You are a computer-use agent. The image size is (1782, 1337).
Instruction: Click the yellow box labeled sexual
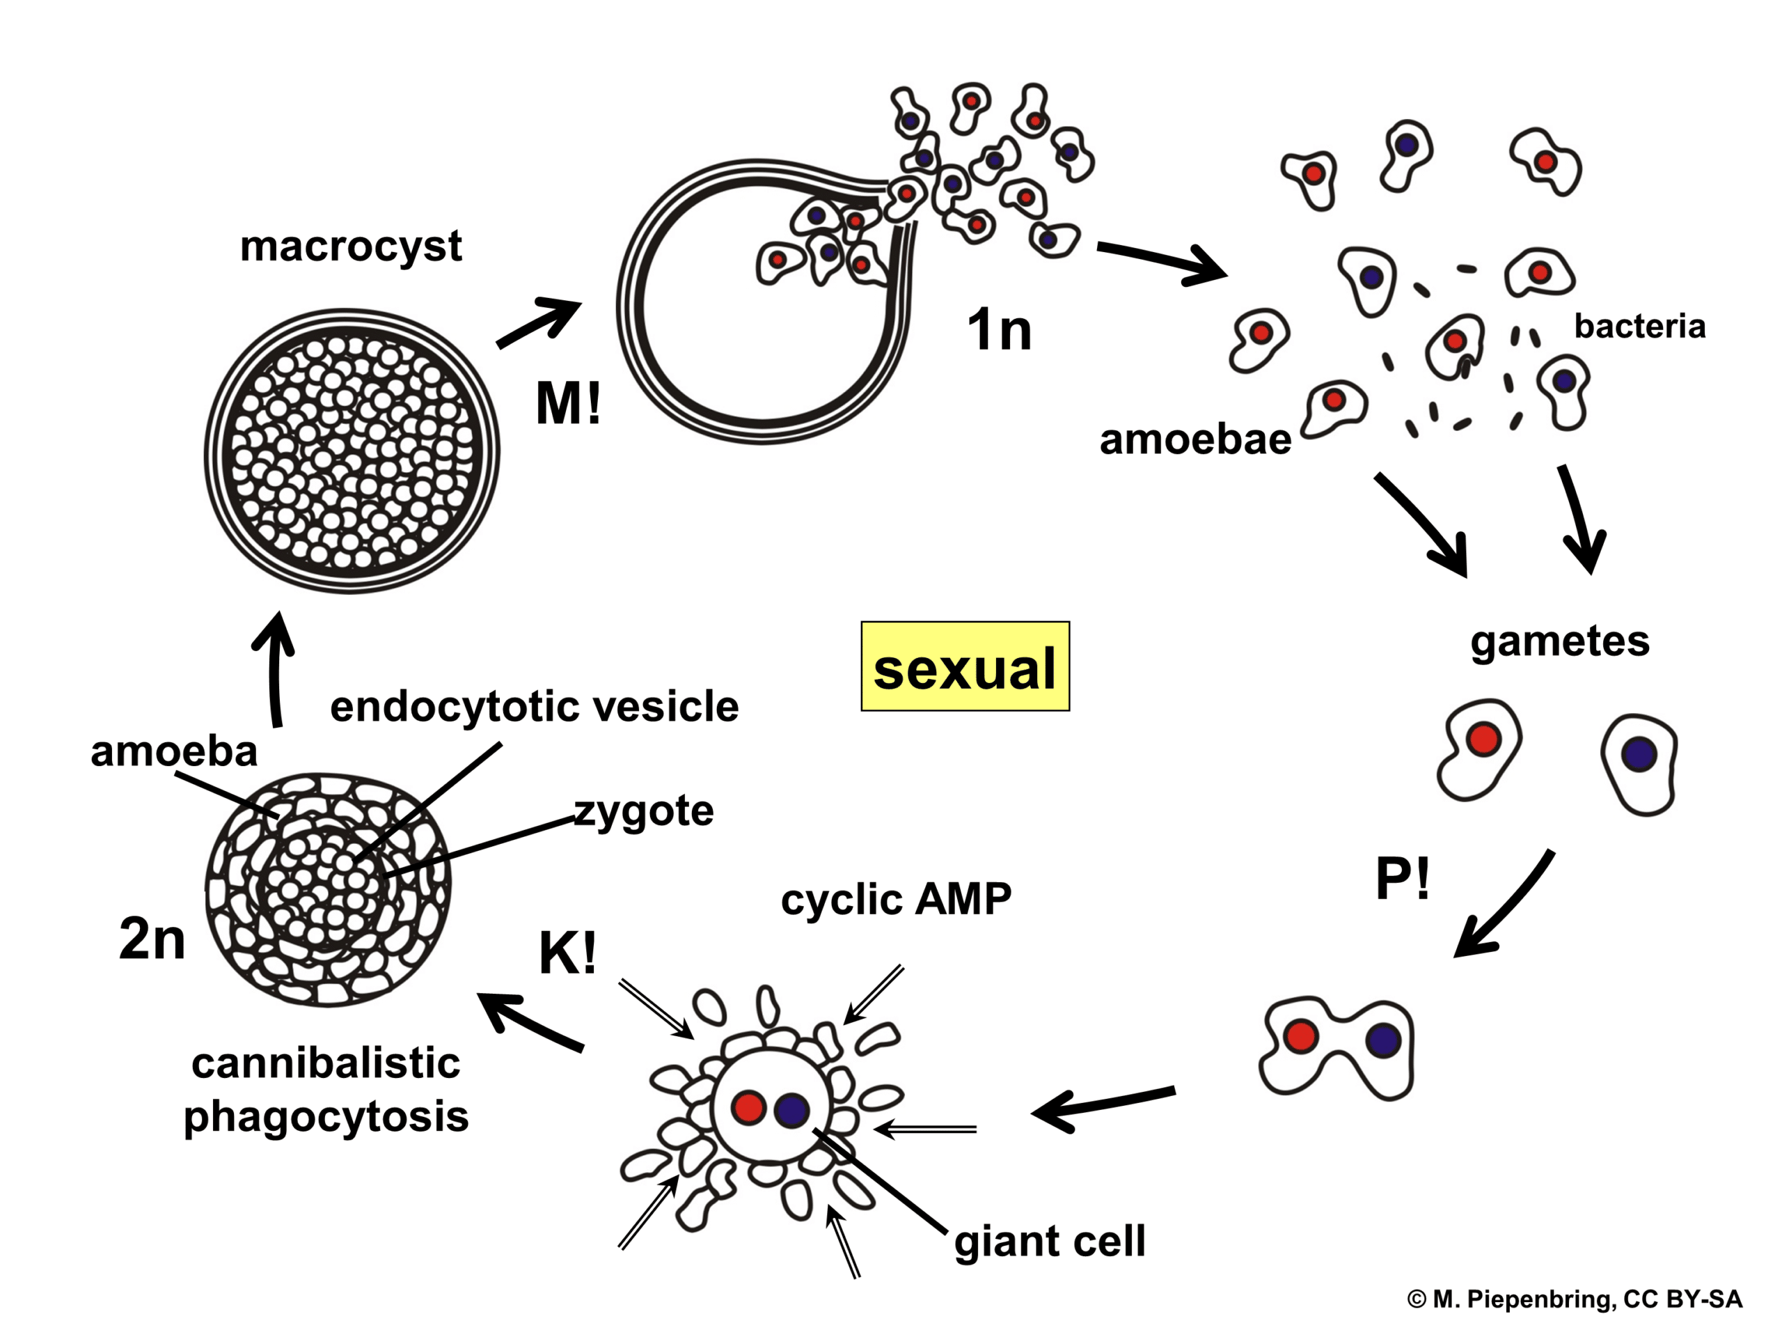pyautogui.click(x=964, y=666)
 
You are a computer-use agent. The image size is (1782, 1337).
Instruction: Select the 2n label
pyautogui.click(x=152, y=939)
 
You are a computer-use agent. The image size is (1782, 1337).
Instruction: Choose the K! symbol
pyautogui.click(x=567, y=953)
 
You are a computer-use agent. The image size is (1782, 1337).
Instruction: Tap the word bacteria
pyautogui.click(x=1639, y=327)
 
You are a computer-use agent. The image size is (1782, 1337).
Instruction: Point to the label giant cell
pyautogui.click(x=1049, y=1240)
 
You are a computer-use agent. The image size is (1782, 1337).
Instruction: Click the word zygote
pyautogui.click(x=644, y=811)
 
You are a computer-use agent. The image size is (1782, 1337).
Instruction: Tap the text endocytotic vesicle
pyautogui.click(x=534, y=706)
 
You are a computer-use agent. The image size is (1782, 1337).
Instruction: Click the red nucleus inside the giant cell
pyautogui.click(x=748, y=1107)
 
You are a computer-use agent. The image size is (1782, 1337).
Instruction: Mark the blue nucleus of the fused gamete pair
pyautogui.click(x=1383, y=1040)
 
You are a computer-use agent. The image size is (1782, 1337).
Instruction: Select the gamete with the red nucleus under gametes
pyautogui.click(x=1479, y=749)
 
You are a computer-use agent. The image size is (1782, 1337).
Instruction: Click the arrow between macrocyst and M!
pyautogui.click(x=538, y=323)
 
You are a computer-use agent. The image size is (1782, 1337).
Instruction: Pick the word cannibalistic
pyautogui.click(x=326, y=1063)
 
